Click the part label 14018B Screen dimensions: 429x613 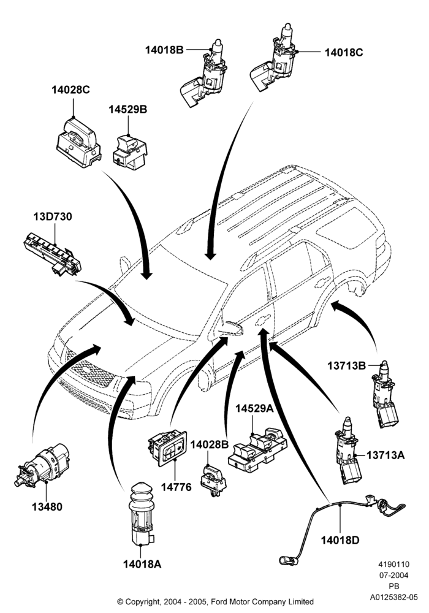pos(164,50)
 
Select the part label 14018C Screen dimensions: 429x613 pos(344,52)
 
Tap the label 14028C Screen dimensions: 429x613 pos(70,89)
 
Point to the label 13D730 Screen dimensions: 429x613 pos(53,216)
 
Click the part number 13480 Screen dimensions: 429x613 pos(47,507)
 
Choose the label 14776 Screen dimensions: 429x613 pos(177,487)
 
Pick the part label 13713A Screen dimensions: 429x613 pos(385,455)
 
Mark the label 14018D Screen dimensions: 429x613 pos(340,540)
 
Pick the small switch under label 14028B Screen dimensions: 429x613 pos(213,481)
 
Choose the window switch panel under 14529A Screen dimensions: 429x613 pos(257,449)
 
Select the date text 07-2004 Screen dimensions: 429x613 pos(394,575)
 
